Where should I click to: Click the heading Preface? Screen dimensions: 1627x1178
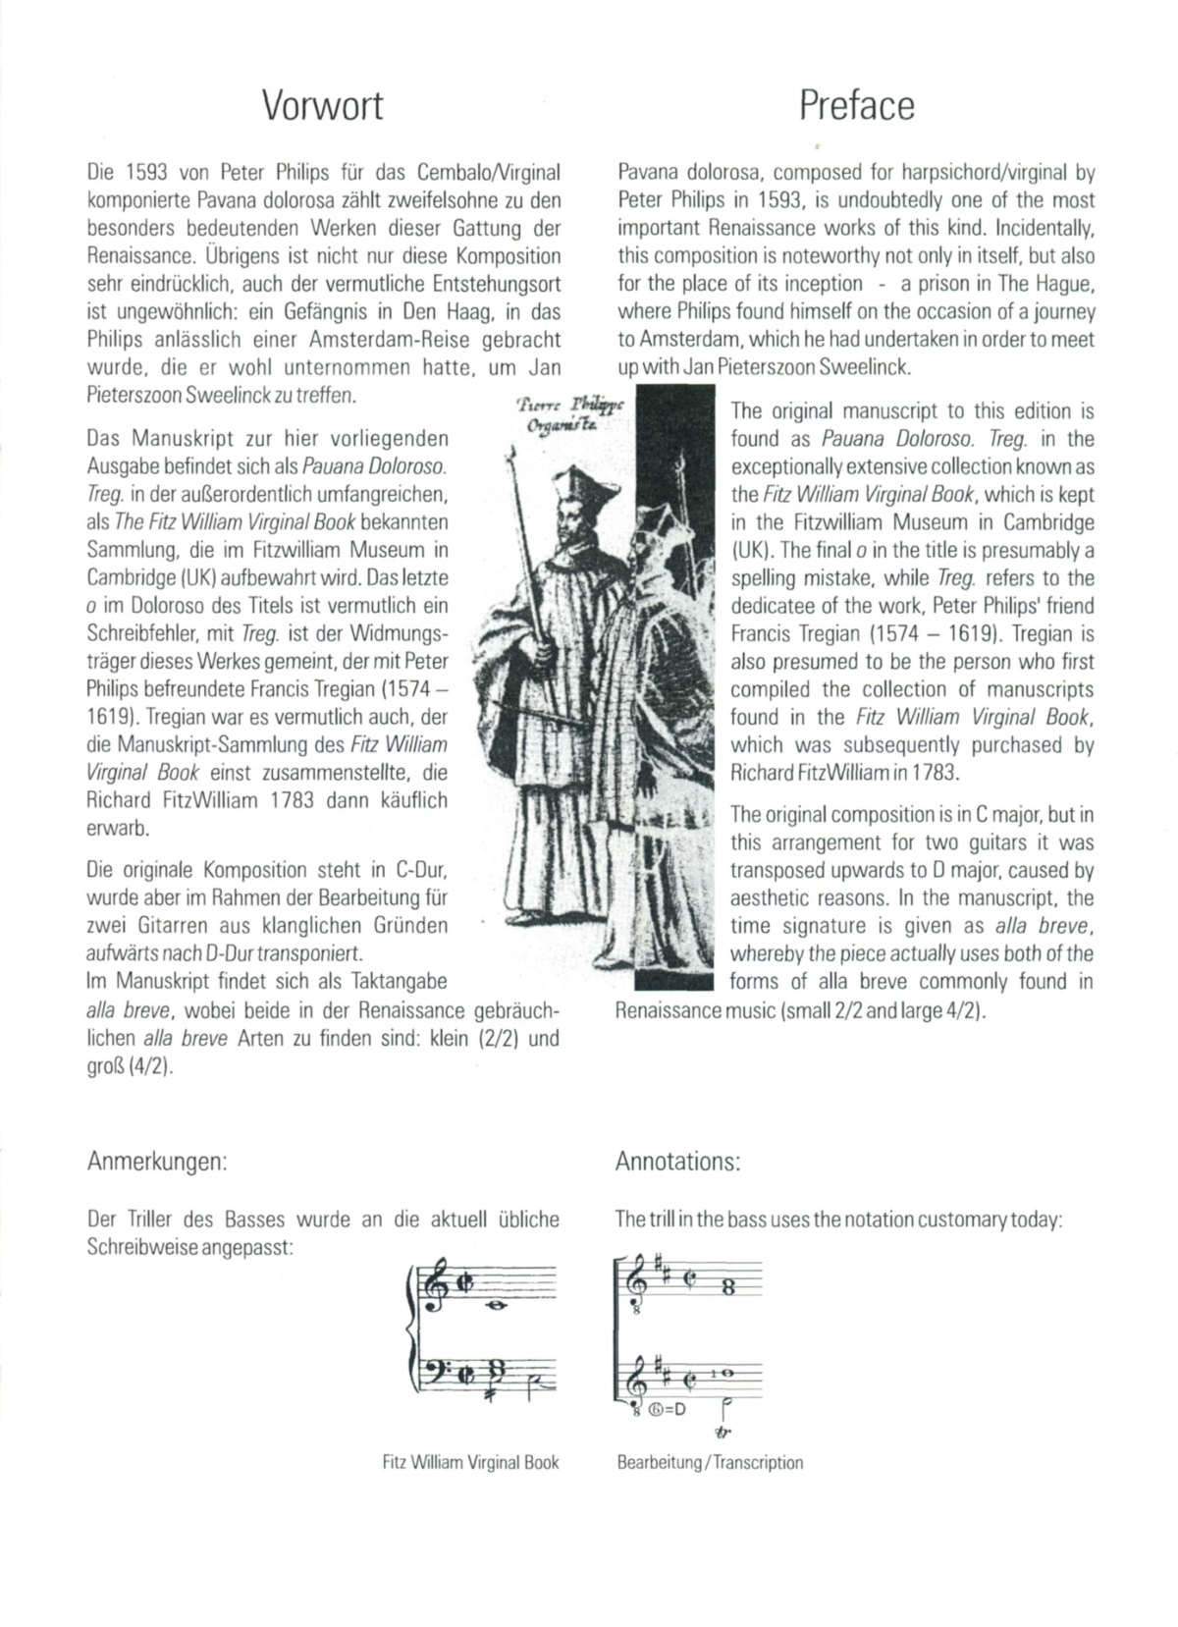click(856, 106)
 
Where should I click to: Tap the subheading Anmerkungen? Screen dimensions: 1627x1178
click(157, 1162)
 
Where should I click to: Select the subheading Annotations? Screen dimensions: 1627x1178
click(677, 1162)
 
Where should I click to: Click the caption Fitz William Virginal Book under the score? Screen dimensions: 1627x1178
click(470, 1462)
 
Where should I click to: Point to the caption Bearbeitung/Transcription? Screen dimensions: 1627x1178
click(710, 1462)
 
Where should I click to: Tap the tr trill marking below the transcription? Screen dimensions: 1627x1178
click(725, 1433)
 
